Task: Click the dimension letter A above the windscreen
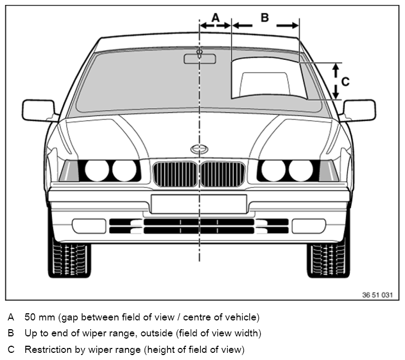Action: [216, 18]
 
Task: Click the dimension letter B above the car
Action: [265, 18]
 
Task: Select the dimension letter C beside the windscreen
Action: [346, 81]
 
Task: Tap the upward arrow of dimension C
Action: [336, 71]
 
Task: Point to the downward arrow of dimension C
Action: [336, 92]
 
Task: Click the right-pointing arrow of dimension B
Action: [287, 25]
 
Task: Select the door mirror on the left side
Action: [39, 110]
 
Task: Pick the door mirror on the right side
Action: [359, 110]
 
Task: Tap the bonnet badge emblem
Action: [199, 149]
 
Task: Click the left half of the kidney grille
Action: [176, 174]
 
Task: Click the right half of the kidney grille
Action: [223, 174]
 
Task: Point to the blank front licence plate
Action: [199, 204]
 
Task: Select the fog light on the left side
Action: [89, 226]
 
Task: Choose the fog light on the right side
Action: [309, 226]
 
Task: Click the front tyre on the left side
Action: [69, 259]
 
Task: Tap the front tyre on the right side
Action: [329, 259]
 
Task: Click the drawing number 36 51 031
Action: [377, 295]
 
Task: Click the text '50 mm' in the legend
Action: [40, 317]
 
